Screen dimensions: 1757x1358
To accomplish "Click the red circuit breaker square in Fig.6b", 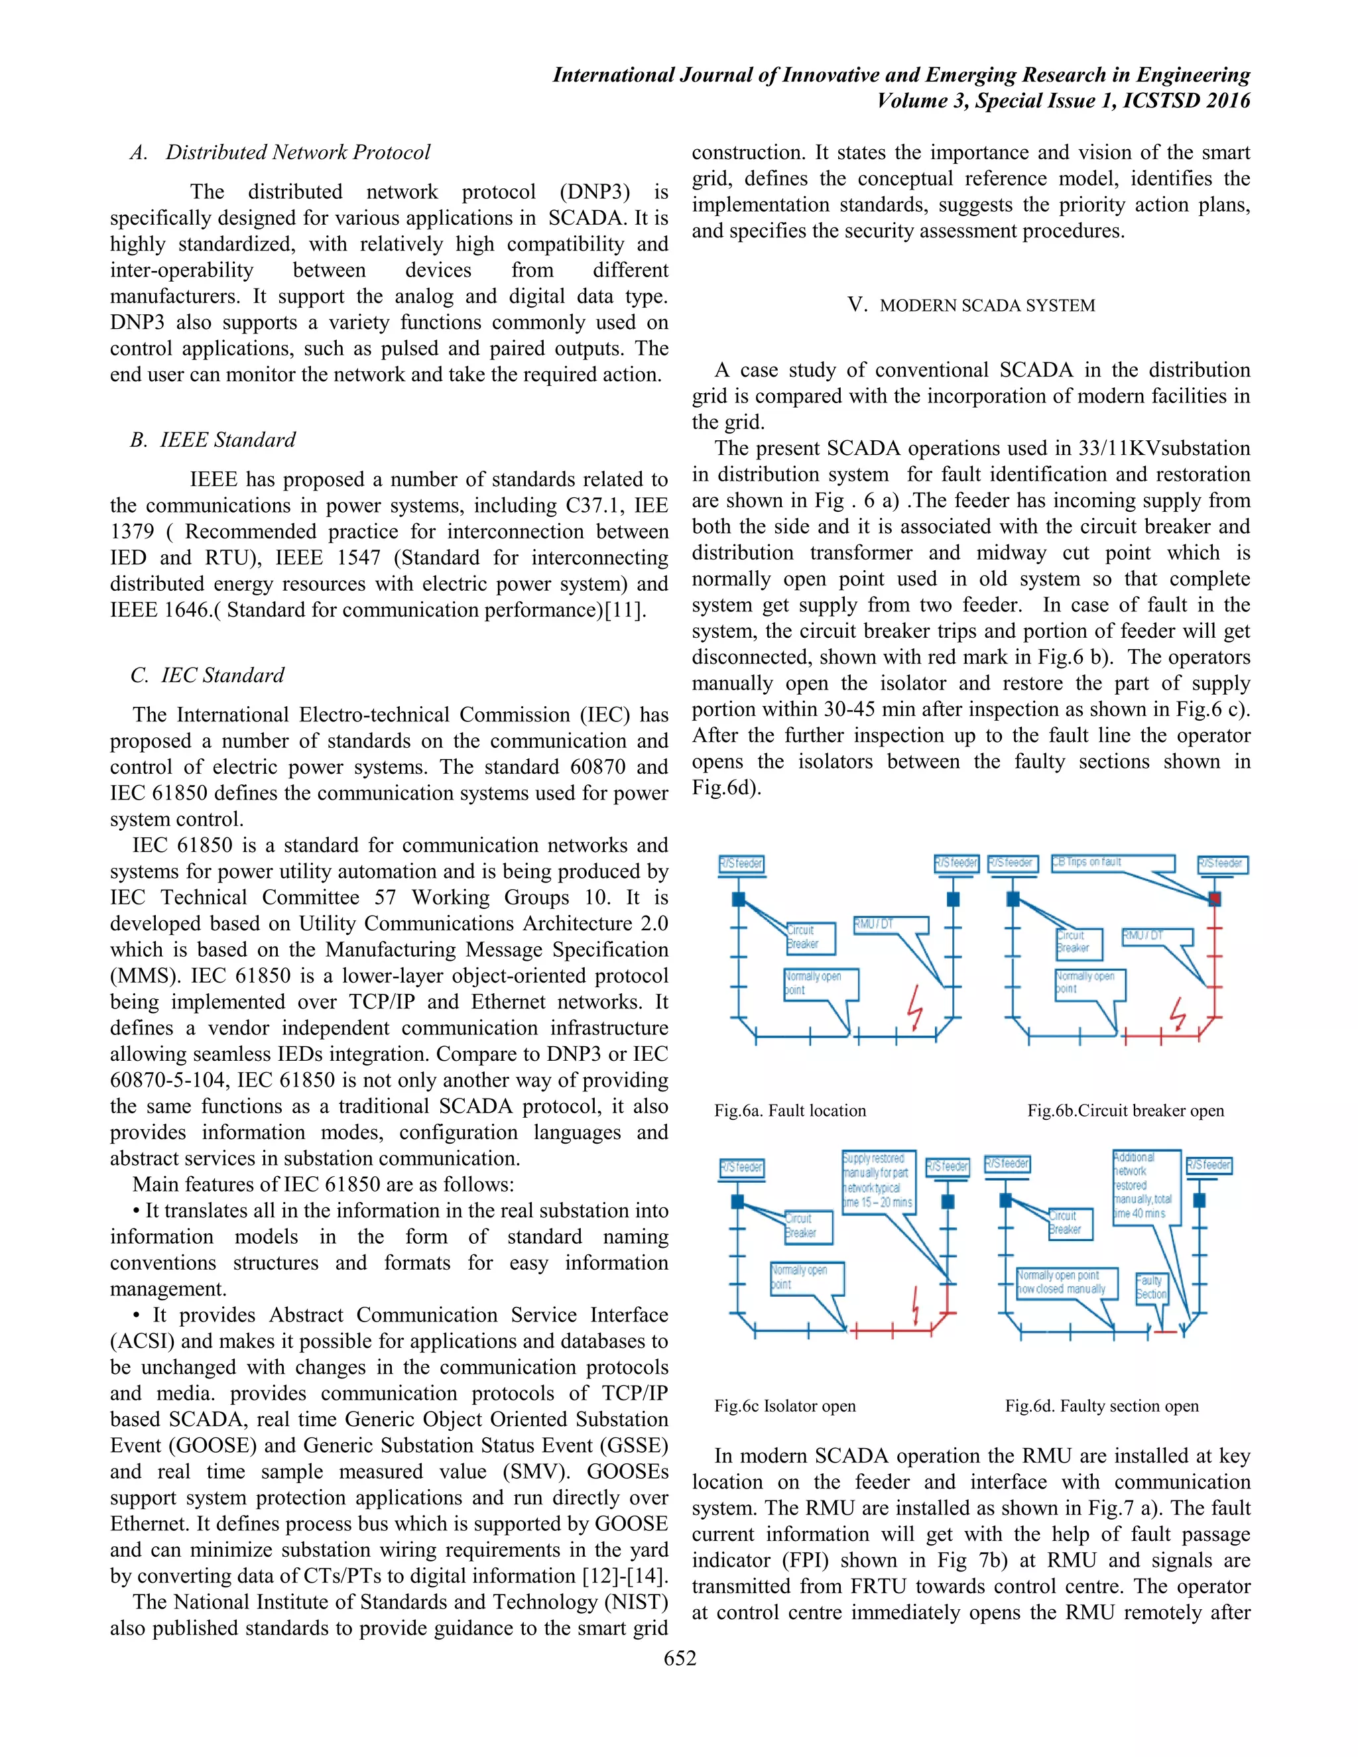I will click(x=1214, y=898).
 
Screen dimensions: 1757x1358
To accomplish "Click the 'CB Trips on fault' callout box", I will click(x=1113, y=863).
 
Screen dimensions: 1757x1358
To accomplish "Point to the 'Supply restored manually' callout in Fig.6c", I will click(x=878, y=1180).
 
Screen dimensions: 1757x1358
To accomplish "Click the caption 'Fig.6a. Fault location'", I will click(x=790, y=1111).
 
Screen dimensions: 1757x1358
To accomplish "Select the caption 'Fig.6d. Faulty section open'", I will click(x=1101, y=1406).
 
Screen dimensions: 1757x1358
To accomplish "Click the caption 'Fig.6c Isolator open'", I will click(x=785, y=1406).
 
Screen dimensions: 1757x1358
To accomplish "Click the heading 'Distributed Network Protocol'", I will click(x=298, y=152).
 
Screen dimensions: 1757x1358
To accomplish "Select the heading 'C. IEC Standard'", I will click(x=208, y=676).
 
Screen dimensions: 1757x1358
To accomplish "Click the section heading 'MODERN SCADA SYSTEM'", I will click(x=987, y=306).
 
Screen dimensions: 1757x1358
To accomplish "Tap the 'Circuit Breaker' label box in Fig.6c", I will click(x=807, y=1225).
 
